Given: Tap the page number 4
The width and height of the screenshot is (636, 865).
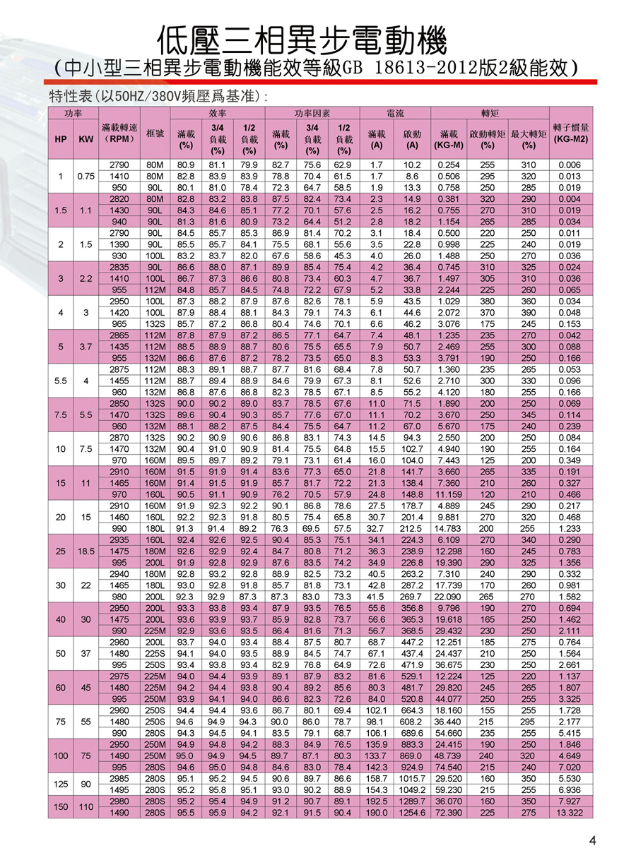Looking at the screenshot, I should [592, 840].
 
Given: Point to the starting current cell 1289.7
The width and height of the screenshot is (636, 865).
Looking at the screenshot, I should [413, 803].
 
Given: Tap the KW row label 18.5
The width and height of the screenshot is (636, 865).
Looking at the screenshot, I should [86, 548].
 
